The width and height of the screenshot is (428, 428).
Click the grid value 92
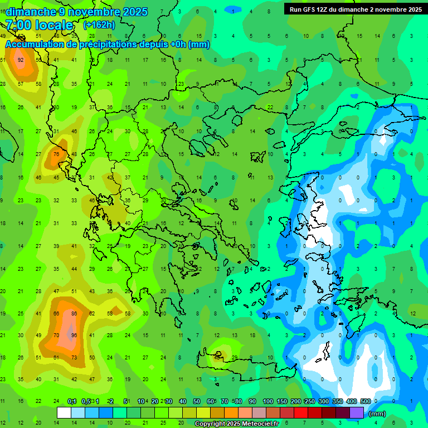(x=21, y=60)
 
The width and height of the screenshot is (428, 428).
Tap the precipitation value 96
(x=74, y=335)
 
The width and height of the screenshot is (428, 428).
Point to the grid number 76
(x=56, y=154)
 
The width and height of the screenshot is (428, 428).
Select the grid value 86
(x=74, y=314)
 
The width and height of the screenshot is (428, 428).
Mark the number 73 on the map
(x=74, y=357)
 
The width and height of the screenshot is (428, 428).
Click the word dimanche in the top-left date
(x=30, y=12)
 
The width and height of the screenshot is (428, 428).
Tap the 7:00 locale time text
(x=39, y=25)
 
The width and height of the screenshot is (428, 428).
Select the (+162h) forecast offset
(x=99, y=25)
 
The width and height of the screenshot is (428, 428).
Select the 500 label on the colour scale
(x=366, y=401)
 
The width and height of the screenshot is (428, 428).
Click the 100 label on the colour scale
(x=268, y=401)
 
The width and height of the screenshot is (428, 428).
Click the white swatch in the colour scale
(x=64, y=413)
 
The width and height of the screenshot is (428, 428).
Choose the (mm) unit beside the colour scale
(x=377, y=414)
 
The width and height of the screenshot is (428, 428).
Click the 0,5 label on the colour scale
(x=85, y=401)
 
